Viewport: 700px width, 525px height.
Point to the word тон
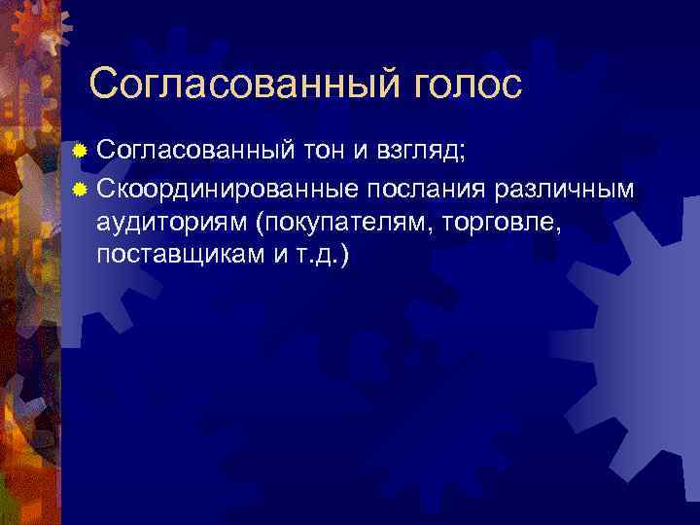click(328, 151)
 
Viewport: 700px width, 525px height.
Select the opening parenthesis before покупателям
click(260, 223)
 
